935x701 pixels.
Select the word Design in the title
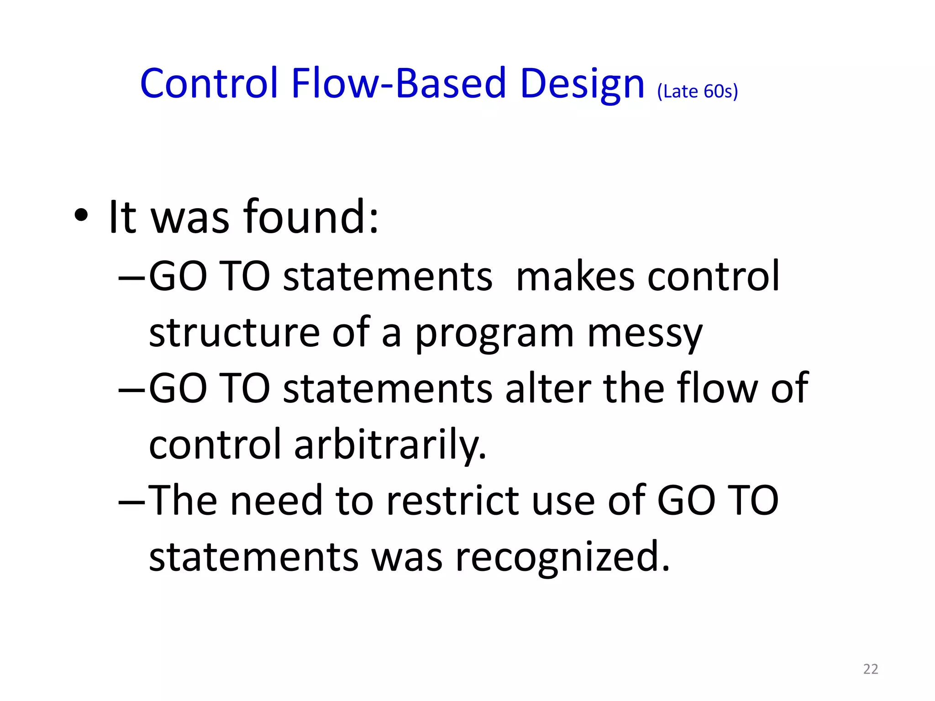[582, 84]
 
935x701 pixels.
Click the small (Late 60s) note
[697, 91]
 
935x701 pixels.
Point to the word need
[276, 501]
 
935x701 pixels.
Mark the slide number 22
[871, 669]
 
